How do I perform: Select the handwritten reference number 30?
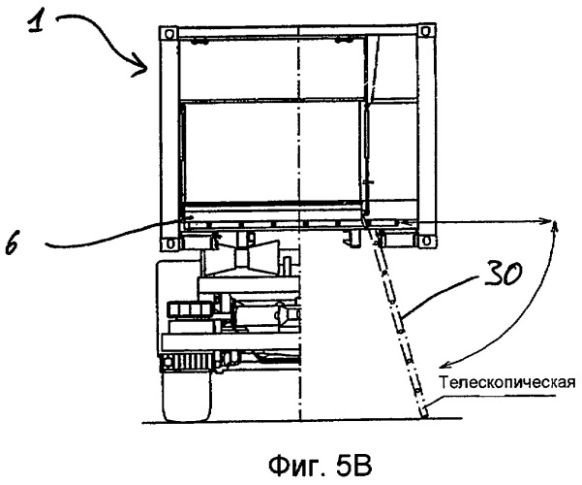[x=503, y=274]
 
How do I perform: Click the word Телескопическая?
[x=507, y=382]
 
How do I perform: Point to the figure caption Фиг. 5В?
[x=320, y=466]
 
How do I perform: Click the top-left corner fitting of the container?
[x=168, y=33]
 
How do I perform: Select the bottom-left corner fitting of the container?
[x=169, y=243]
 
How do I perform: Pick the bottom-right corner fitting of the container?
[x=426, y=242]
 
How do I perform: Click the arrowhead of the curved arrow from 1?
[x=141, y=68]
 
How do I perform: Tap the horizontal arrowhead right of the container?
[x=545, y=221]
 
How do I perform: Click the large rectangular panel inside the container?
[x=272, y=152]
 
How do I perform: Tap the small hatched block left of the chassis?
[x=189, y=308]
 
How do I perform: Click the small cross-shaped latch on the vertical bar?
[x=369, y=182]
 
